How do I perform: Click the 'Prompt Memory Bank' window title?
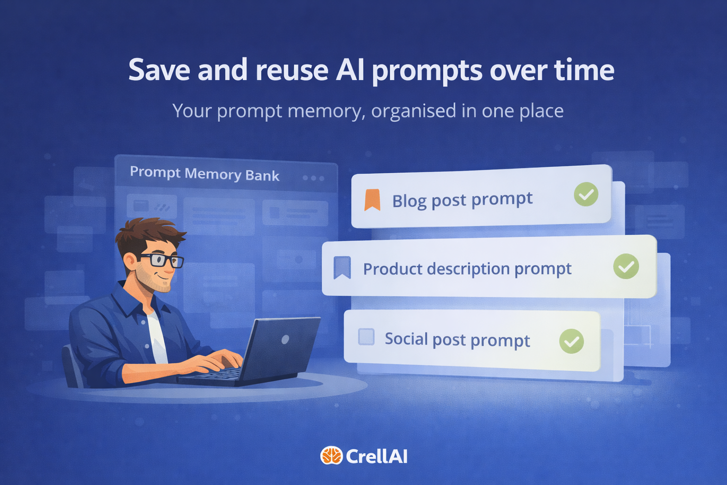204,174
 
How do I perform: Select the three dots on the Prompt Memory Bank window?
313,178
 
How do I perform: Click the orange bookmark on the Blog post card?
372,199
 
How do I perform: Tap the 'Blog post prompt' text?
462,200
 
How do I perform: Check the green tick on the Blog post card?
586,194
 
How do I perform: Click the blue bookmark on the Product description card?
342,268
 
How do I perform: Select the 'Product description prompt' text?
467,269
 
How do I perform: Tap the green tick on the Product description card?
626,266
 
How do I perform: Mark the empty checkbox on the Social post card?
366,337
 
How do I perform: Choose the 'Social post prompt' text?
457,340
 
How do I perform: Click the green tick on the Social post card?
571,341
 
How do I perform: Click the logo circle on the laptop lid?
285,340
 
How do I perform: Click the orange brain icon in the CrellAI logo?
331,456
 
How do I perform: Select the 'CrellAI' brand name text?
377,457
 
